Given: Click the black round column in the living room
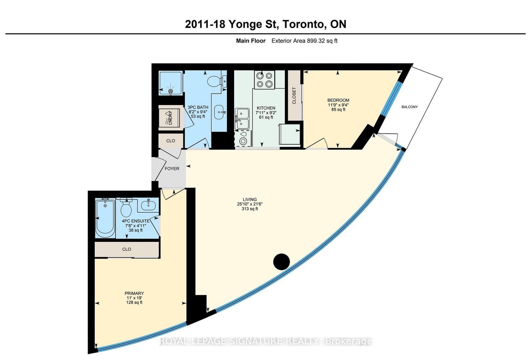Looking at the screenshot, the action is [282, 262].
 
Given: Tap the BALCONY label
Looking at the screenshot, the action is [409, 107].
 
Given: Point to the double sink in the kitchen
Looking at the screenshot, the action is [242, 119].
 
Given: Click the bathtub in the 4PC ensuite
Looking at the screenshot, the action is [105, 218].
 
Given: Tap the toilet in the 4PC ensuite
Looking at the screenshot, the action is [126, 207].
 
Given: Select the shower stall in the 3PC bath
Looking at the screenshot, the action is [171, 83].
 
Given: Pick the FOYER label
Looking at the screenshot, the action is [172, 168].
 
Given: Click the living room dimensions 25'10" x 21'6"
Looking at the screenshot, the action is [250, 204].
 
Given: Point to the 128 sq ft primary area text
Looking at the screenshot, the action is [134, 302].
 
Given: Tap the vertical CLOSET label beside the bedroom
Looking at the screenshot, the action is [294, 96].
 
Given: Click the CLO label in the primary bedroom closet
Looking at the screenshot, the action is [127, 249].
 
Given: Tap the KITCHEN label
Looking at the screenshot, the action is [266, 108].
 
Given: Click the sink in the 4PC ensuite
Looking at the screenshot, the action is [149, 205].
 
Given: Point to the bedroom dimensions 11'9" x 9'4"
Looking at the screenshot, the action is [338, 105].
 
